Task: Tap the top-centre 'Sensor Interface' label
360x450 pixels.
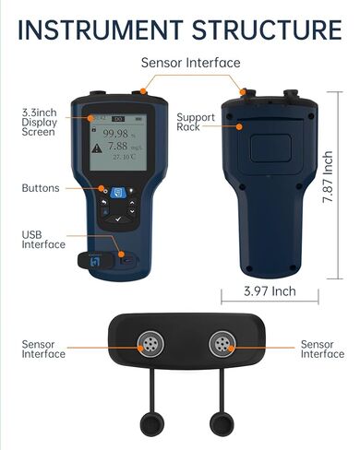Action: pyautogui.click(x=190, y=63)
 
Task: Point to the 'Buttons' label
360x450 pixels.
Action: pyautogui.click(x=41, y=188)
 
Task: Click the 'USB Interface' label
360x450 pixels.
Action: pyautogui.click(x=43, y=240)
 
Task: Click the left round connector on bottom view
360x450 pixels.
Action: pyautogui.click(x=149, y=347)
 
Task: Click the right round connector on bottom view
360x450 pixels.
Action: pyautogui.click(x=224, y=347)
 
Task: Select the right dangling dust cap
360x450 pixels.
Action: pyautogui.click(x=222, y=425)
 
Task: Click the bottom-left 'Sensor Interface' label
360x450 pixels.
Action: pyautogui.click(x=43, y=349)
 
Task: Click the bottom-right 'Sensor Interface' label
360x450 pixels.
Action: pyautogui.click(x=322, y=349)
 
